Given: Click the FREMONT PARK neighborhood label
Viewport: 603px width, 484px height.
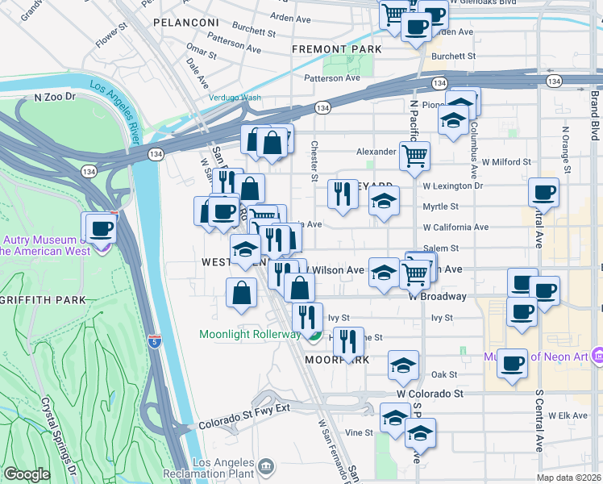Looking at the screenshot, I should (x=344, y=49).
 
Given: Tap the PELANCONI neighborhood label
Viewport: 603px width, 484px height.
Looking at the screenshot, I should (x=185, y=22).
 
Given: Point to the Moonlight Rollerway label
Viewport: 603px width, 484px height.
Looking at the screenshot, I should (x=250, y=334).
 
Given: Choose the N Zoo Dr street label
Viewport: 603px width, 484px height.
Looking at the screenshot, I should (x=54, y=97).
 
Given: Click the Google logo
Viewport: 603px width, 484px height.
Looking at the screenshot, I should (x=26, y=474).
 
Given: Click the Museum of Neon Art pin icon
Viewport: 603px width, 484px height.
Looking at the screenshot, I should (x=597, y=355).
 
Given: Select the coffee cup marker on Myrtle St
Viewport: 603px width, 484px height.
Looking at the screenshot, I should (x=543, y=192).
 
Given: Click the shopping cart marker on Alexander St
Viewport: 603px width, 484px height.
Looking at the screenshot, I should (x=414, y=155).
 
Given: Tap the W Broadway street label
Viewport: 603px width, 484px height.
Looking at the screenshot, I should (x=437, y=296).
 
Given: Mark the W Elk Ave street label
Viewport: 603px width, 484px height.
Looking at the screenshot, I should (x=568, y=415).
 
